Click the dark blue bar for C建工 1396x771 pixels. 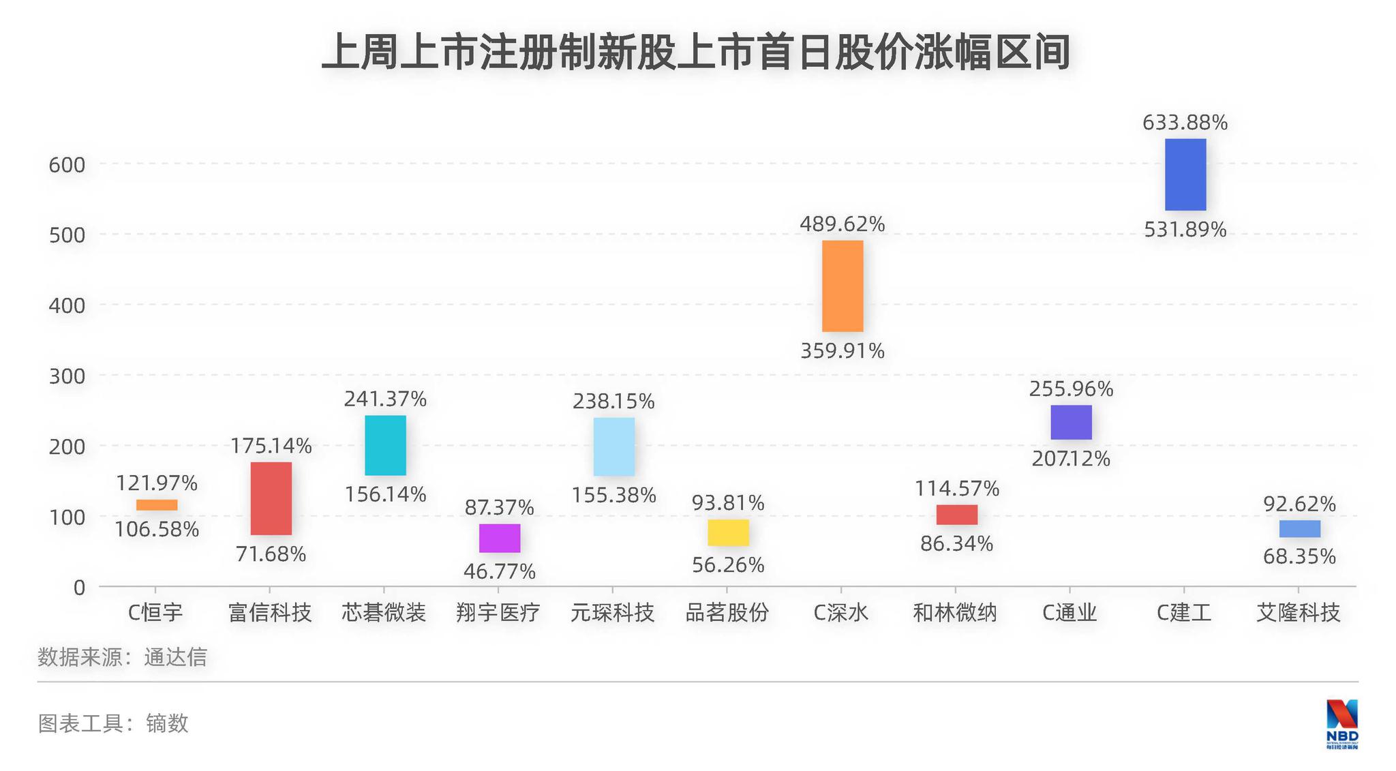point(1185,175)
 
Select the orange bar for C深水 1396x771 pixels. point(842,286)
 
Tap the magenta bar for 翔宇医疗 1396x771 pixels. point(500,538)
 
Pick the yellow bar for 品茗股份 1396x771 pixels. point(728,532)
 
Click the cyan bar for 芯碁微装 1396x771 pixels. point(385,445)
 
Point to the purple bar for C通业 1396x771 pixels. point(1071,422)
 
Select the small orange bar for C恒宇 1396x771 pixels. point(157,504)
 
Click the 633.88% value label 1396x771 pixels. point(1185,123)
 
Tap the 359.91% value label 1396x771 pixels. point(842,351)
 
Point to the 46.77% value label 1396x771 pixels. point(500,571)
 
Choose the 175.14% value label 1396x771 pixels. point(271,446)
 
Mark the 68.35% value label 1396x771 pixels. point(1299,556)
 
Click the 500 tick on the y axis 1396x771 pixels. point(67,235)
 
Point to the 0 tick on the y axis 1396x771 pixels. point(79,587)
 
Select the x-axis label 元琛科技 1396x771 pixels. point(612,612)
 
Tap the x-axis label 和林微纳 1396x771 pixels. point(955,612)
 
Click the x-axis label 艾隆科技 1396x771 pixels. point(1298,612)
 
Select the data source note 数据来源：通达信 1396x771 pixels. point(122,657)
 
